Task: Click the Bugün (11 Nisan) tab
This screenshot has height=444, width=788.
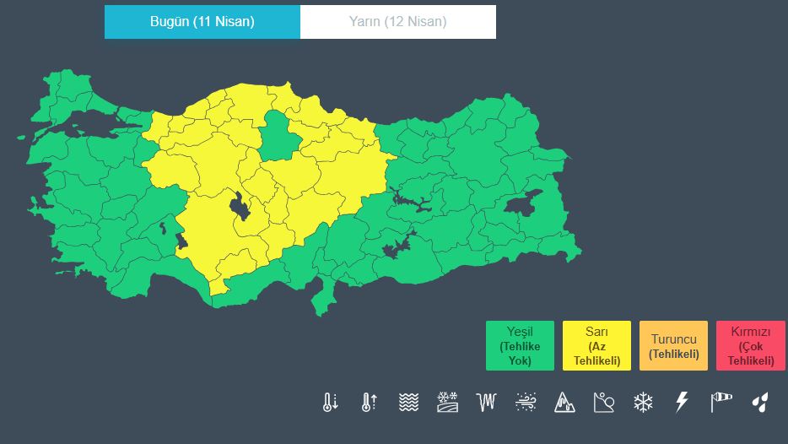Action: click(x=202, y=22)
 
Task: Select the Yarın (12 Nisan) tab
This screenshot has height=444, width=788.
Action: click(x=397, y=22)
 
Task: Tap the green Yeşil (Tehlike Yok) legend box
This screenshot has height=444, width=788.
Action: click(x=520, y=346)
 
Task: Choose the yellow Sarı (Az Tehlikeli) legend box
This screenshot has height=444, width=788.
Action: click(x=596, y=346)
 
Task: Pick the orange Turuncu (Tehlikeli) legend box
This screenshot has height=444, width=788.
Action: click(x=673, y=346)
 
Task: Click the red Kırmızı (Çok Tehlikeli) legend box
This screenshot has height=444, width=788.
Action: click(x=750, y=346)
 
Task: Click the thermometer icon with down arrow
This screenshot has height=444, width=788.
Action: click(x=329, y=402)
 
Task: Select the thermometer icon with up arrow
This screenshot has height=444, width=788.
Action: click(x=368, y=402)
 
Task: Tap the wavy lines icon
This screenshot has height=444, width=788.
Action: click(x=408, y=402)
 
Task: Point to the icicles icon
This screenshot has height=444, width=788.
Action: click(x=487, y=402)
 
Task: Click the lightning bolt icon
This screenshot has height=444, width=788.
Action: click(x=682, y=402)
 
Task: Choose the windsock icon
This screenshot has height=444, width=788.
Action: click(x=721, y=402)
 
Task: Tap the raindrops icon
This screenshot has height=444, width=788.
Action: click(x=760, y=402)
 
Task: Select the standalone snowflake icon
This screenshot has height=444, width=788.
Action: click(x=643, y=402)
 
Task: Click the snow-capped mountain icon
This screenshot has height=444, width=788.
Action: click(x=564, y=402)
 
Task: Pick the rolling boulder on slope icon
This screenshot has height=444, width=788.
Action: click(x=604, y=402)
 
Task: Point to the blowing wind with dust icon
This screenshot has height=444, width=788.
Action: click(x=526, y=402)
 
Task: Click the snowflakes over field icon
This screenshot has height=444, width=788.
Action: click(x=447, y=402)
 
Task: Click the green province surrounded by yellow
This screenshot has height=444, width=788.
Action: click(x=276, y=135)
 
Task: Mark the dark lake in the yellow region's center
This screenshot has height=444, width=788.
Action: click(x=240, y=207)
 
